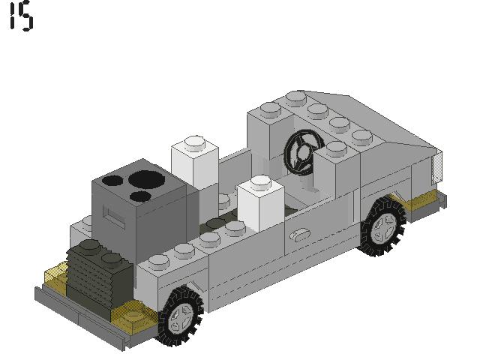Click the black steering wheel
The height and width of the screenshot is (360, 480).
(x=301, y=152)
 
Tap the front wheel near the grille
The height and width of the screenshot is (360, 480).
(x=180, y=316)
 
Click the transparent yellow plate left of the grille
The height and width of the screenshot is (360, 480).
(x=57, y=277)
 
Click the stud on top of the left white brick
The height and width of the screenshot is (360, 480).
(x=194, y=140)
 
